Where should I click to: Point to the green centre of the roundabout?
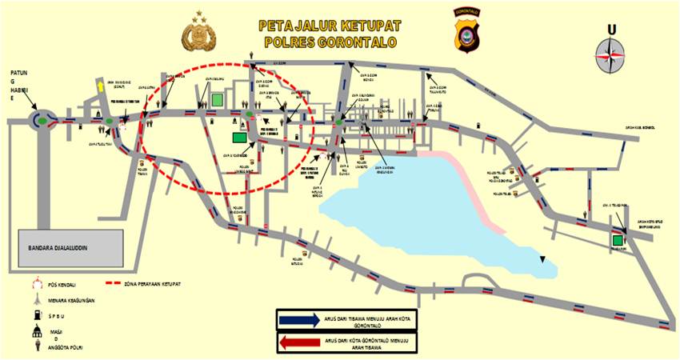39,121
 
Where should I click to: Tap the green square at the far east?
618,239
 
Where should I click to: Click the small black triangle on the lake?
543,258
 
